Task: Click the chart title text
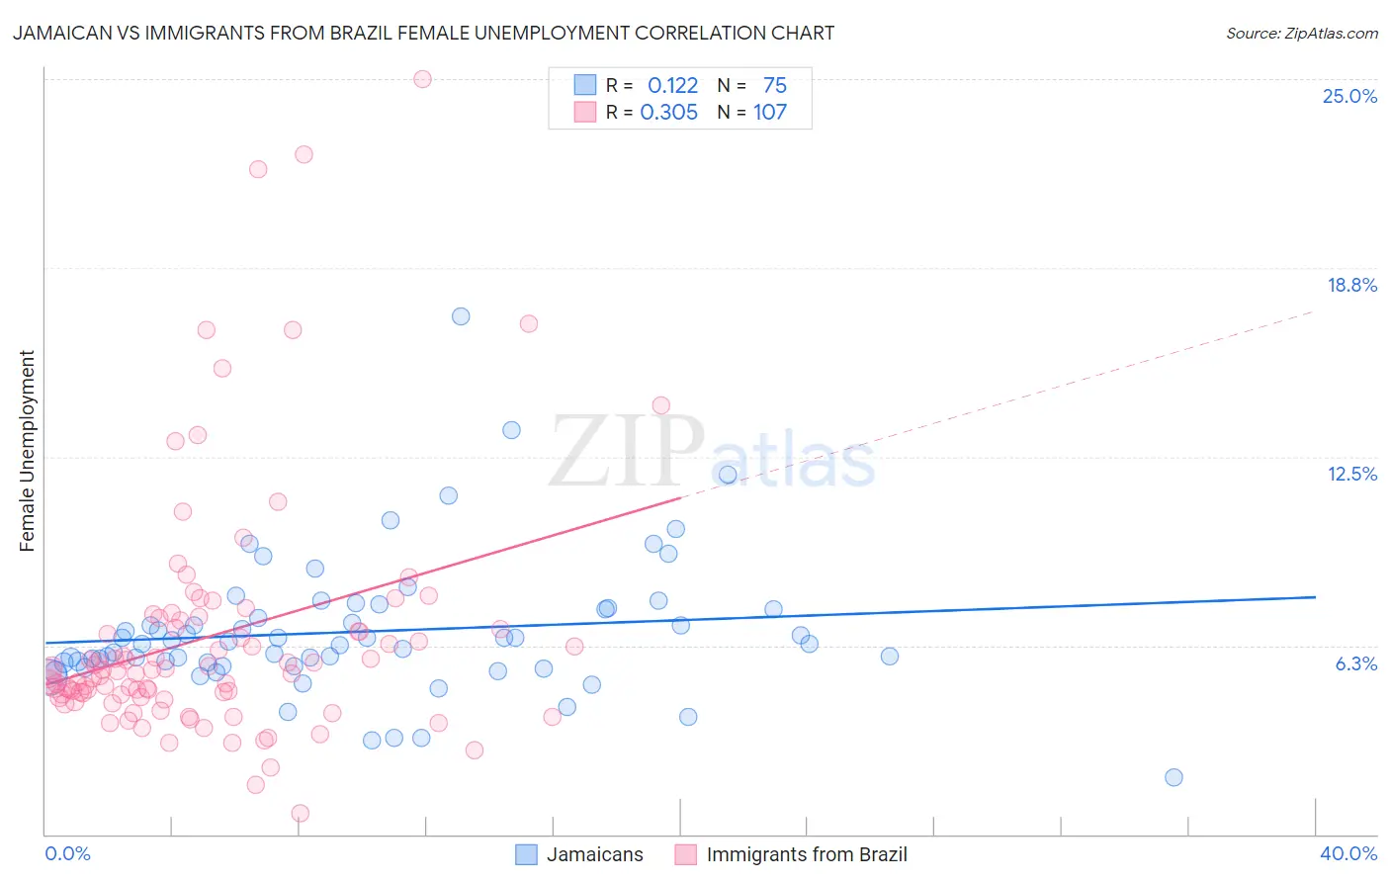click(x=423, y=33)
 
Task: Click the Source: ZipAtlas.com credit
click(x=1301, y=33)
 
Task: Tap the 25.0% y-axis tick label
click(x=1349, y=96)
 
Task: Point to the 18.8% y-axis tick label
click(x=1351, y=285)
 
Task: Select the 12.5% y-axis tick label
click(x=1351, y=474)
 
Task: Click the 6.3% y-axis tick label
click(x=1355, y=663)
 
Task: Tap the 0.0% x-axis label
click(x=67, y=853)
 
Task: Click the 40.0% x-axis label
click(x=1348, y=853)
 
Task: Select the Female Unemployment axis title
click(x=27, y=450)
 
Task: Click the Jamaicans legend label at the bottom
click(x=594, y=854)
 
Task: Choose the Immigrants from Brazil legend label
click(x=806, y=854)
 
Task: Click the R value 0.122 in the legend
click(x=672, y=85)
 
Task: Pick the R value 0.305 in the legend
click(x=669, y=112)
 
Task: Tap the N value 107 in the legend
click(x=769, y=112)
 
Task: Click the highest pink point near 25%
click(x=422, y=79)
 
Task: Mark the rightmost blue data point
click(x=1173, y=777)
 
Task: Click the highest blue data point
click(x=461, y=316)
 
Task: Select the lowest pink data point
click(x=301, y=813)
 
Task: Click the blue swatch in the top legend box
click(x=585, y=85)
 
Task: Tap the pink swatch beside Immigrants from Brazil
click(x=685, y=854)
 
